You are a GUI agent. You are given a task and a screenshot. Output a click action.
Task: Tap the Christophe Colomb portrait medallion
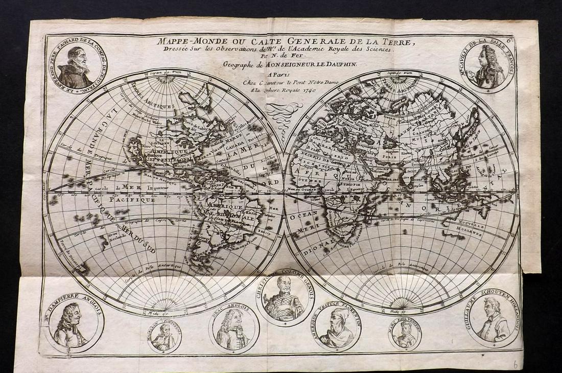pos(284,298)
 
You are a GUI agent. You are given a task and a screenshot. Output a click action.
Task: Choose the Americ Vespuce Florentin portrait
pos(338,327)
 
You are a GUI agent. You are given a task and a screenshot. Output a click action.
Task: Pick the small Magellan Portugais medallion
pos(165,337)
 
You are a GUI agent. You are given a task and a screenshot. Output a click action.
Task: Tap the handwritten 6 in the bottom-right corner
pos(515,365)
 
